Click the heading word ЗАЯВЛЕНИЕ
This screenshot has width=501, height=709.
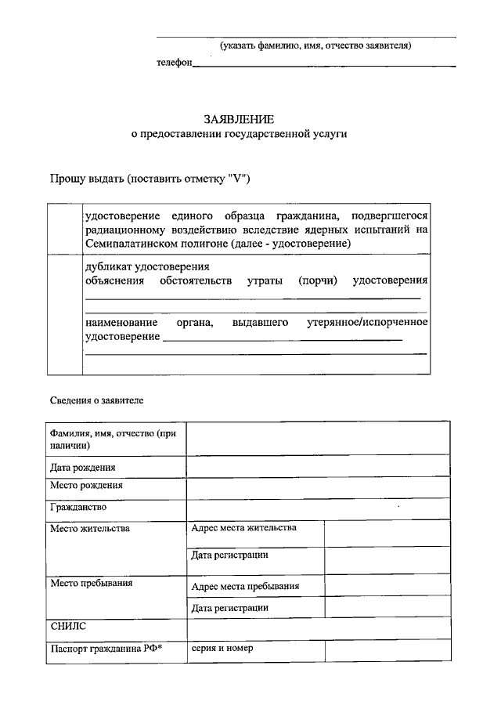(x=239, y=120)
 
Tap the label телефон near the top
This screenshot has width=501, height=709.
(x=174, y=63)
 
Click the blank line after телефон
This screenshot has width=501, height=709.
(x=324, y=64)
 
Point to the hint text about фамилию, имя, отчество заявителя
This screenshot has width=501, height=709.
(x=315, y=45)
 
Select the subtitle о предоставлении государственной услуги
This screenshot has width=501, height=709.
(x=239, y=135)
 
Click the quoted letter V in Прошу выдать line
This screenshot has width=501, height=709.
(x=236, y=179)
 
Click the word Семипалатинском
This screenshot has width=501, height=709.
(x=128, y=244)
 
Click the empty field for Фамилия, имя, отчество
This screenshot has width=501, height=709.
(x=318, y=439)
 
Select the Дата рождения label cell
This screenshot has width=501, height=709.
(x=83, y=467)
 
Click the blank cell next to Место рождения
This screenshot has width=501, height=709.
(x=318, y=487)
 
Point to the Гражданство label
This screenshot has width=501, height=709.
(x=78, y=508)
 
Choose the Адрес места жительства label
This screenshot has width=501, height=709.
(x=244, y=527)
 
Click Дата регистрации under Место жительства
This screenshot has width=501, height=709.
(x=230, y=555)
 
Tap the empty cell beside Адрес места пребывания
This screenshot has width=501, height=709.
(x=387, y=586)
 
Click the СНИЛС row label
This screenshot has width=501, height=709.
(x=68, y=627)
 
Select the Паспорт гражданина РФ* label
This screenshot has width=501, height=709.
(x=95, y=649)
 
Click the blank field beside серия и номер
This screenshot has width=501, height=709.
(x=387, y=651)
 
